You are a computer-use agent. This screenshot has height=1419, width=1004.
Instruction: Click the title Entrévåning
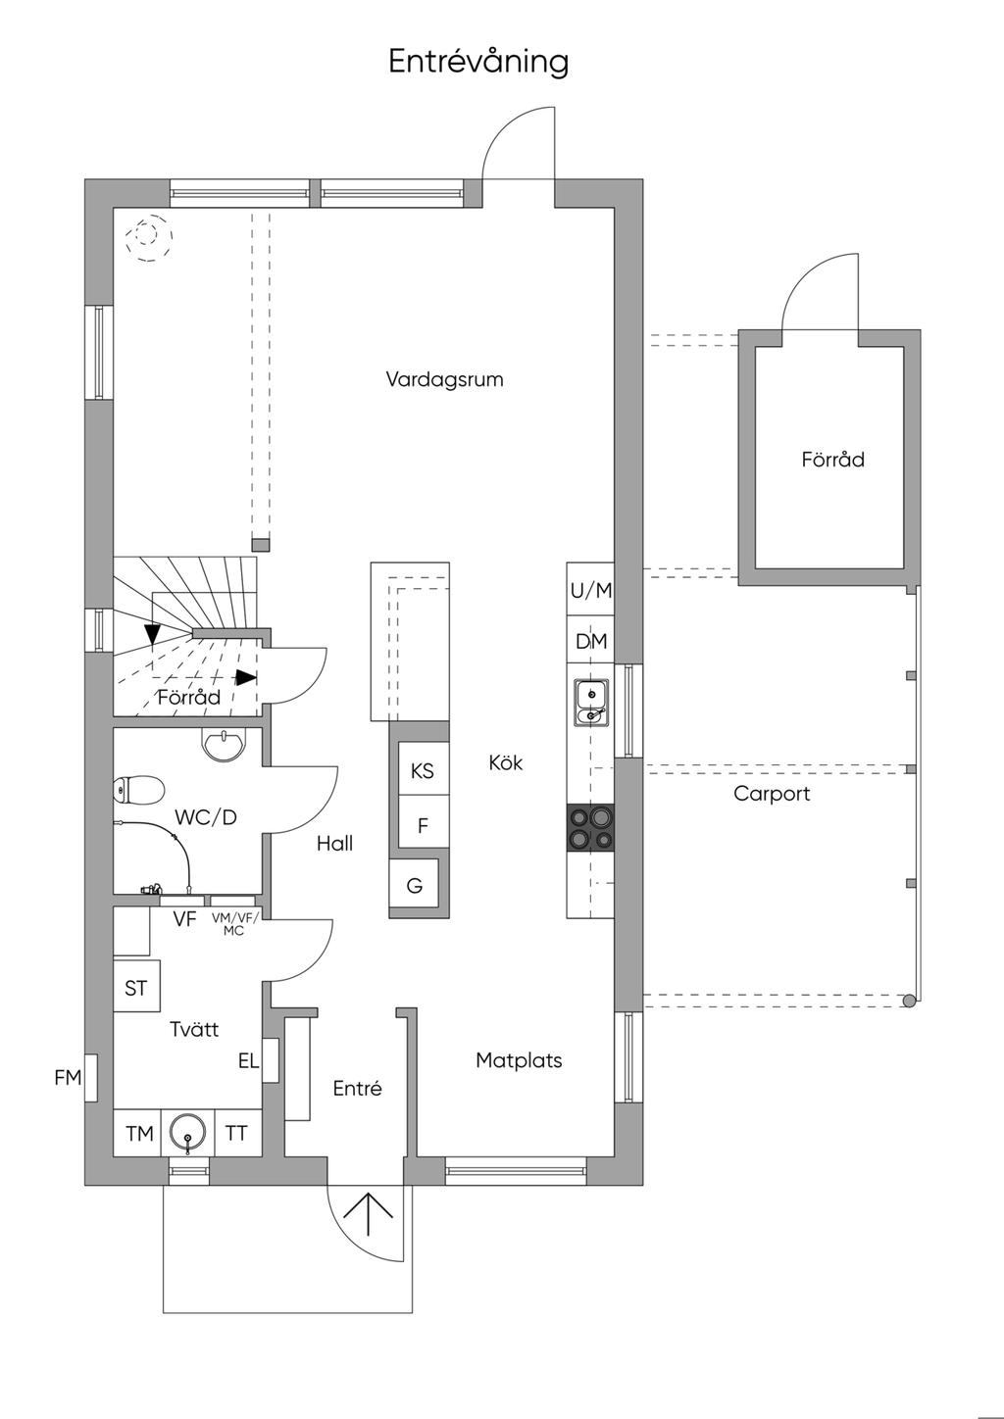478,63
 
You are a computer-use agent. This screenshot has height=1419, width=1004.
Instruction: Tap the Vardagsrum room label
444,380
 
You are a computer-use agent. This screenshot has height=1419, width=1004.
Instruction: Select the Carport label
772,794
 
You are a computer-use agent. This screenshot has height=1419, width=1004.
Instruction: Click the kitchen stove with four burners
591,827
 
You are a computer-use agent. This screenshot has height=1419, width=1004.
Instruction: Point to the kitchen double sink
591,702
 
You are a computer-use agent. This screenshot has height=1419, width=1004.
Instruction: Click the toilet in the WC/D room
138,790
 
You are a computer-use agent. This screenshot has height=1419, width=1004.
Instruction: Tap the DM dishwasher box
591,641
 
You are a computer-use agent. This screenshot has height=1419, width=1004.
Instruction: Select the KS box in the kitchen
423,771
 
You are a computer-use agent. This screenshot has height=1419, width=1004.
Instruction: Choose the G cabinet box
414,885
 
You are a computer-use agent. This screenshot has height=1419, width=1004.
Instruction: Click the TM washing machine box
137,1133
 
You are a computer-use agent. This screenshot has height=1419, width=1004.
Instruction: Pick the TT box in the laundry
237,1133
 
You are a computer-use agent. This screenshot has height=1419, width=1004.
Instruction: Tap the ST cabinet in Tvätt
136,986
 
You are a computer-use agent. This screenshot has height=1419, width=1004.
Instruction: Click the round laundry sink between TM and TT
187,1133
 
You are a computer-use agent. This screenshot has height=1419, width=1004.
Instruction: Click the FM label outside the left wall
68,1077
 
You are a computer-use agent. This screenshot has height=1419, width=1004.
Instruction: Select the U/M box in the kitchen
591,590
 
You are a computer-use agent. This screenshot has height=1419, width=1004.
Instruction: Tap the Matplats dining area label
519,1060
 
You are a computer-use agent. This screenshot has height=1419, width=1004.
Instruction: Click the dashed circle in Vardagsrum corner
149,237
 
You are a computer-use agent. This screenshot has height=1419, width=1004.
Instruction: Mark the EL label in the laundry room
248,1060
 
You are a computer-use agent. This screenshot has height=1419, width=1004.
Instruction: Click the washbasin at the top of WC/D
224,743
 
